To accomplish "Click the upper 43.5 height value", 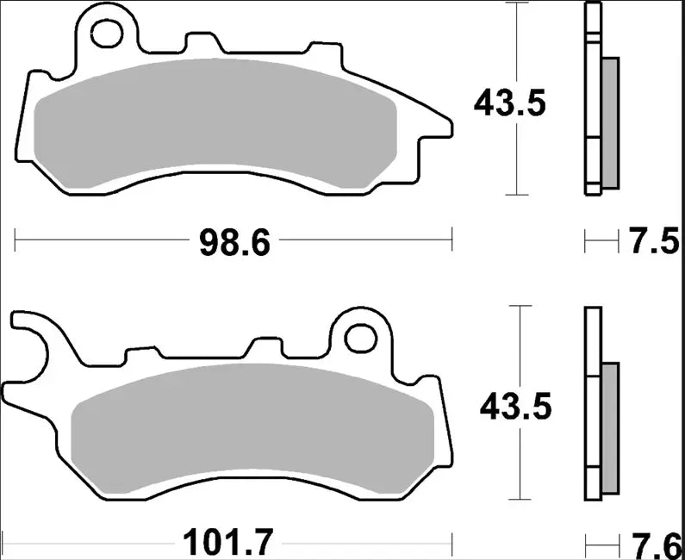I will click(508, 104).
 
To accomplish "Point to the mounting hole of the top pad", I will click(108, 33).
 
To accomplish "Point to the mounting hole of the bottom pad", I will click(358, 336).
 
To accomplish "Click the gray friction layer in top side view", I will click(609, 121).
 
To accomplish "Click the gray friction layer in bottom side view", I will click(609, 422).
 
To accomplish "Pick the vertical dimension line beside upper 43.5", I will click(517, 52).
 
